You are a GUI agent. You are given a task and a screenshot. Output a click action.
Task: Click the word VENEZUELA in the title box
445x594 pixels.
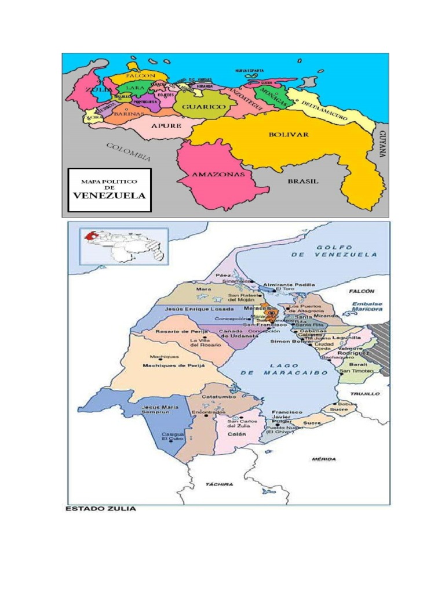pyautogui.click(x=109, y=195)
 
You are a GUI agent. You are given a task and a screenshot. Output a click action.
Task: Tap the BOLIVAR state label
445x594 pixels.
pyautogui.click(x=289, y=134)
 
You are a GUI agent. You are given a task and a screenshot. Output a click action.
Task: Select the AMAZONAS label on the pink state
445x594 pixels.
pyautogui.click(x=213, y=173)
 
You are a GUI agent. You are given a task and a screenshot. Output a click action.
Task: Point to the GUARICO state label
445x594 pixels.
pyautogui.click(x=203, y=107)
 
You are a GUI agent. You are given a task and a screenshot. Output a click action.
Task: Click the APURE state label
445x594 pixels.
pyautogui.click(x=166, y=125)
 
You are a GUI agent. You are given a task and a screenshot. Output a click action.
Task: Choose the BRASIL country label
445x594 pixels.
pyautogui.click(x=304, y=181)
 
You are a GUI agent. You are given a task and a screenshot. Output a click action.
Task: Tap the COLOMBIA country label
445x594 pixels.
pyautogui.click(x=129, y=151)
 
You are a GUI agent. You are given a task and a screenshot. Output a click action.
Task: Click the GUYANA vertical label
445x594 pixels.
pyautogui.click(x=382, y=143)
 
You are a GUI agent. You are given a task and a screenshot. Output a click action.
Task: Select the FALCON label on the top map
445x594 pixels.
pyautogui.click(x=140, y=76)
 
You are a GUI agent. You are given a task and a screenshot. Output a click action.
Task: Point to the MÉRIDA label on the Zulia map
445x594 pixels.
pyautogui.click(x=324, y=459)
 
